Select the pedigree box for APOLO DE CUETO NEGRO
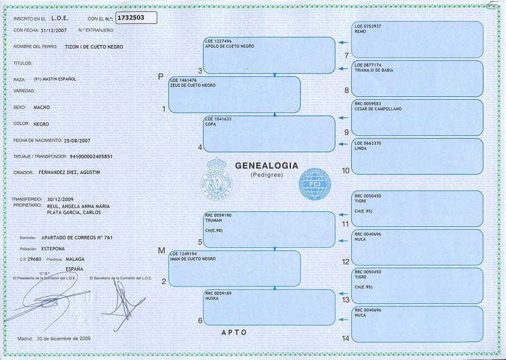tap(269, 55)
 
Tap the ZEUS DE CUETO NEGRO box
tap(234, 95)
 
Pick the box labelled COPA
tap(269, 134)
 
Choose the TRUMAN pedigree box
tap(269, 229)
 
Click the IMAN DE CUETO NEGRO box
tap(234, 268)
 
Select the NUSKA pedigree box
tap(269, 307)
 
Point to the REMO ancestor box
tap(417, 40)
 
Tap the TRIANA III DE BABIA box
tap(417, 78)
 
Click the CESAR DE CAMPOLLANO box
tap(417, 117)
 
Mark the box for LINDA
tap(417, 156)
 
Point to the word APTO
tap(234, 332)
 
